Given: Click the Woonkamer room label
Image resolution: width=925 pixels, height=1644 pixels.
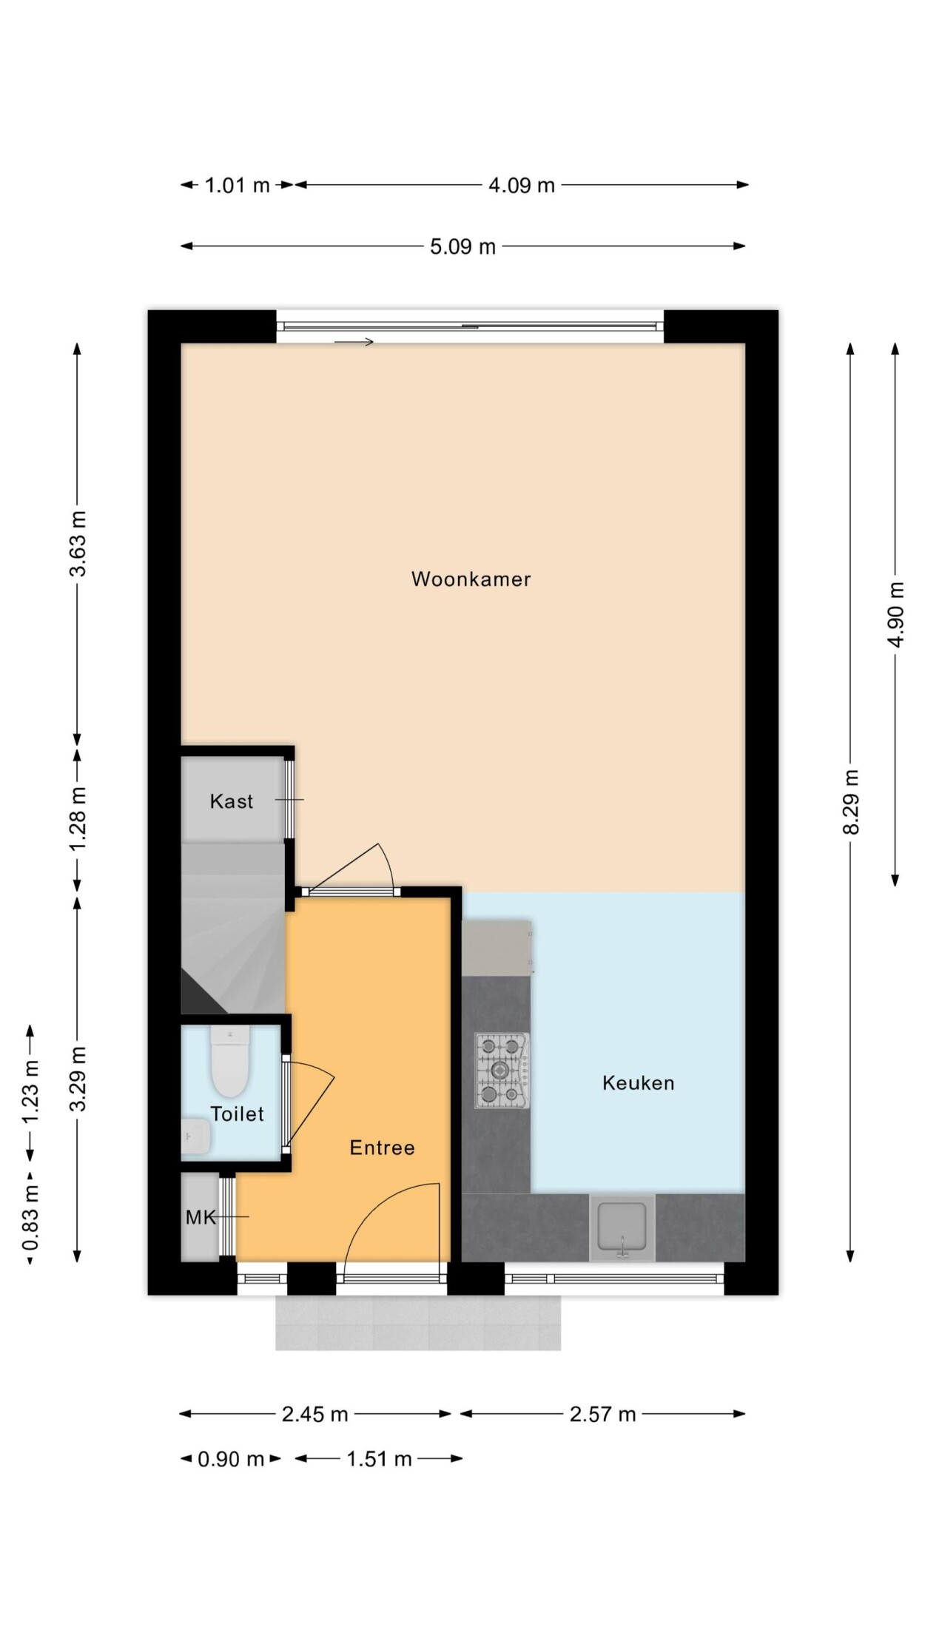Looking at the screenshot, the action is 471,579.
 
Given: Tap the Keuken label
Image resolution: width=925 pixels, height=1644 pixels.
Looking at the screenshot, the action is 638,1083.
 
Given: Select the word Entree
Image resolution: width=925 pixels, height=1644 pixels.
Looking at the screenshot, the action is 382,1148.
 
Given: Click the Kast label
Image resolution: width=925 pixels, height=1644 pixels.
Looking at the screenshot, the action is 232,801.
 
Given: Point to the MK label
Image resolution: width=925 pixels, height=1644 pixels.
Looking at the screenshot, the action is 201,1217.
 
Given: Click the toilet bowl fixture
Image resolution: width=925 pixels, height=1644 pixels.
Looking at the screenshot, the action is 229,1061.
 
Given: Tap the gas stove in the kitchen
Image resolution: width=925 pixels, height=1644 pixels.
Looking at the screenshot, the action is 502,1071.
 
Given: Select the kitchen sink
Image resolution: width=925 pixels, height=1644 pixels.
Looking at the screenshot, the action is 622,1227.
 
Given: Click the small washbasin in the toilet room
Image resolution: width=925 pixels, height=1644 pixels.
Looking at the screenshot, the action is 195,1136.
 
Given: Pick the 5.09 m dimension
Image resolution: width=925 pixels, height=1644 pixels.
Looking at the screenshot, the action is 462,246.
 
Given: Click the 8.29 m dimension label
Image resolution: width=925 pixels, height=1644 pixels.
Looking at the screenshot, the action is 851,802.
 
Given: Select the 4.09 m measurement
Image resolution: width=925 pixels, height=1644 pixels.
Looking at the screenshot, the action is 521,185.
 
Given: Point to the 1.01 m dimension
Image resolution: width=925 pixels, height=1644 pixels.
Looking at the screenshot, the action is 237,185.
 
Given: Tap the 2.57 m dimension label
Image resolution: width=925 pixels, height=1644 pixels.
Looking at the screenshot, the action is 602,1415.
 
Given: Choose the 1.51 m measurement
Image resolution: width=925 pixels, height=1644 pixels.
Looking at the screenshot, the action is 379,1459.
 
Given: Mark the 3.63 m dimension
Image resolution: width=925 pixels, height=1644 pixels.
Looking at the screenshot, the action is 78,544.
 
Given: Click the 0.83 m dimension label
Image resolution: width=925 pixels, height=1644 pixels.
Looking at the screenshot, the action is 31,1216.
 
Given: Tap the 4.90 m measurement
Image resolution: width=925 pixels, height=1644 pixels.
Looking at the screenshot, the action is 896,615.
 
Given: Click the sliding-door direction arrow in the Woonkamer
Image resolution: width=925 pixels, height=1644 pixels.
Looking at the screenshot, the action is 354,341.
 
